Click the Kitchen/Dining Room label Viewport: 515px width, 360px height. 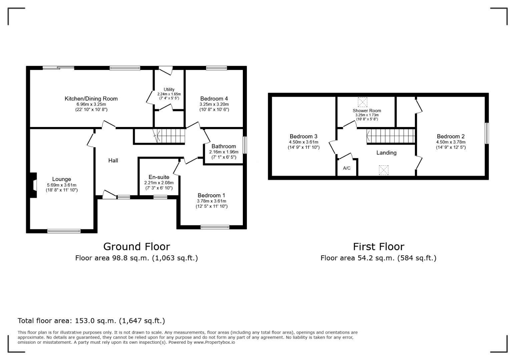91,99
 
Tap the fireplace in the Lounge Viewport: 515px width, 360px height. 33,185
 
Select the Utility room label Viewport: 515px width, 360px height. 169,89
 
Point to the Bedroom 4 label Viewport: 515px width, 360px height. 214,99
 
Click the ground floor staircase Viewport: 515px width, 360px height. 169,136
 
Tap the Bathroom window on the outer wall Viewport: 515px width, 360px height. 245,145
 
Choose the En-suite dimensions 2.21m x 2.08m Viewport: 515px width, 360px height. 159,183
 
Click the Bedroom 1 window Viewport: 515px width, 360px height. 215,227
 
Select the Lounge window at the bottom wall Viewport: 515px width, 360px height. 64,231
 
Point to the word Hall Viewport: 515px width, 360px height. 113,161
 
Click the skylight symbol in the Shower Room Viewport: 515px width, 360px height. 363,102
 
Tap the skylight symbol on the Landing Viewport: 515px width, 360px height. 384,170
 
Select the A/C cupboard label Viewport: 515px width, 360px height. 347,168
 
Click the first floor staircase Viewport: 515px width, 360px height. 391,136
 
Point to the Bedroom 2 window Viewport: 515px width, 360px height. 487,133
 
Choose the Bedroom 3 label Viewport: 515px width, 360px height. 304,136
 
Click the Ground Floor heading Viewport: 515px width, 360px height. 136,247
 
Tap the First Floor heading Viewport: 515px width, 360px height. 379,247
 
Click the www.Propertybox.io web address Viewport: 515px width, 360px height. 214,342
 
